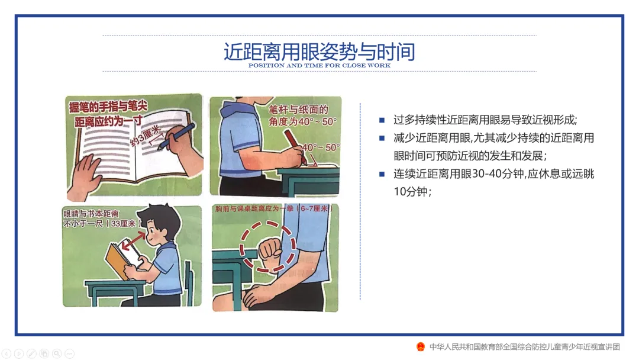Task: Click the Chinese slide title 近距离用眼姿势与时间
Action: click(x=319, y=52)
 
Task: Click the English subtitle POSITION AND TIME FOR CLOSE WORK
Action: click(x=319, y=65)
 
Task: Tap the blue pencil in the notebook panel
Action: click(x=176, y=136)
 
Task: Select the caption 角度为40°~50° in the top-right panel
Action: click(x=302, y=121)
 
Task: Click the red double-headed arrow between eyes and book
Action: click(x=133, y=242)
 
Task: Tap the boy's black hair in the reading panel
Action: click(x=160, y=218)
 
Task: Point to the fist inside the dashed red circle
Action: click(x=269, y=249)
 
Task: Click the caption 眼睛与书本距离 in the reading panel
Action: click(x=91, y=214)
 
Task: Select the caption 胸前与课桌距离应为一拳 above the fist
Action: click(x=254, y=209)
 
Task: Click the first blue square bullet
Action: click(x=382, y=120)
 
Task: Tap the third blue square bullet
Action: click(x=382, y=174)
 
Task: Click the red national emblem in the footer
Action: click(x=421, y=347)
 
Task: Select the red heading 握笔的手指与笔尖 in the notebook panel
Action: click(x=108, y=107)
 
